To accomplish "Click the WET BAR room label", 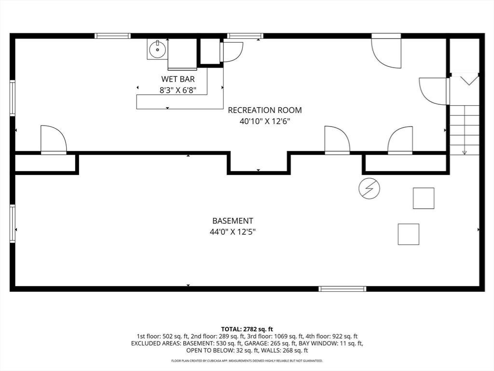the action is pos(178,79).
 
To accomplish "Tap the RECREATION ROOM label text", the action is pos(265,110).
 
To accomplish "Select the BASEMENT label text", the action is pos(233,221).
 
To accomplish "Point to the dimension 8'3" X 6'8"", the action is pos(178,90).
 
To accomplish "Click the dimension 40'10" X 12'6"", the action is pos(265,121).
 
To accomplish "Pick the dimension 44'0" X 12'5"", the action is pos(233,232).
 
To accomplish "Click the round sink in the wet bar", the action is pos(158,50).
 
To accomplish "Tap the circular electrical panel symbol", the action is pos(369,189).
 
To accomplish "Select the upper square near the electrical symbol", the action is pos(424,198).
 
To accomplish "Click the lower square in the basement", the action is pos(408,234).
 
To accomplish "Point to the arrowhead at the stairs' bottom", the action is pos(465,153).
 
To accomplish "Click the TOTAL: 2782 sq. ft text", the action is pos(247,329).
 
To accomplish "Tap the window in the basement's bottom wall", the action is pos(343,289).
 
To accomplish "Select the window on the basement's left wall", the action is pos(13,224).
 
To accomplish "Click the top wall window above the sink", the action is pos(113,36).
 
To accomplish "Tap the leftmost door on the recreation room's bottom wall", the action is pos(54,140).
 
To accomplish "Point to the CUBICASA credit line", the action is pos(247,360).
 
